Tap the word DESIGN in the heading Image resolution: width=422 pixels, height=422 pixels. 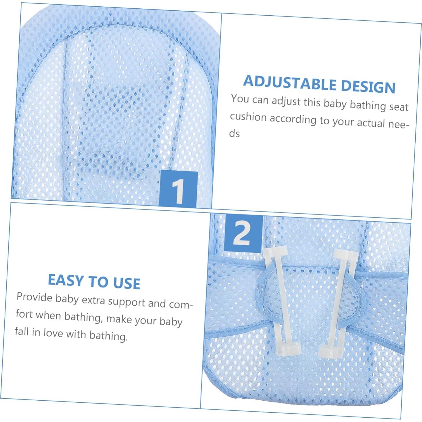point(368,86)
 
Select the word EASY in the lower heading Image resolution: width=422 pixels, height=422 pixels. point(66,280)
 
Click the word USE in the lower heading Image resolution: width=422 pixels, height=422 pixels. point(127,283)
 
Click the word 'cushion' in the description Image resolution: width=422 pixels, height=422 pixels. point(248,117)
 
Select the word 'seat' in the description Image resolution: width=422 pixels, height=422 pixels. point(399,107)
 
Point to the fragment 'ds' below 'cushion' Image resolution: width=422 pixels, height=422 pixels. point(234,134)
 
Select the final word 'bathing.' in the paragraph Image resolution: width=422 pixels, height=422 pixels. point(108,336)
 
